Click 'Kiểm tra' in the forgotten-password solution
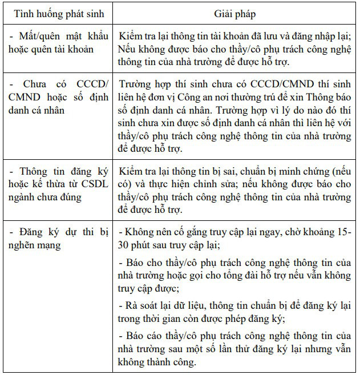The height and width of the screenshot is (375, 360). pyautogui.click(x=137, y=37)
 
